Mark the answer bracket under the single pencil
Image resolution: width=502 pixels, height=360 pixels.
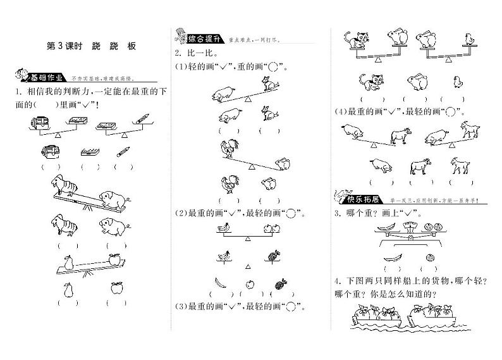click(x=123, y=167)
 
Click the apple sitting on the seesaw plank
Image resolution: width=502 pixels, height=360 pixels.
click(x=114, y=258)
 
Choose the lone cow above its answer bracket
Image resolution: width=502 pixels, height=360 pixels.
click(x=419, y=166)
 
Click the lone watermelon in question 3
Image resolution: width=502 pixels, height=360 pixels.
click(x=431, y=257)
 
